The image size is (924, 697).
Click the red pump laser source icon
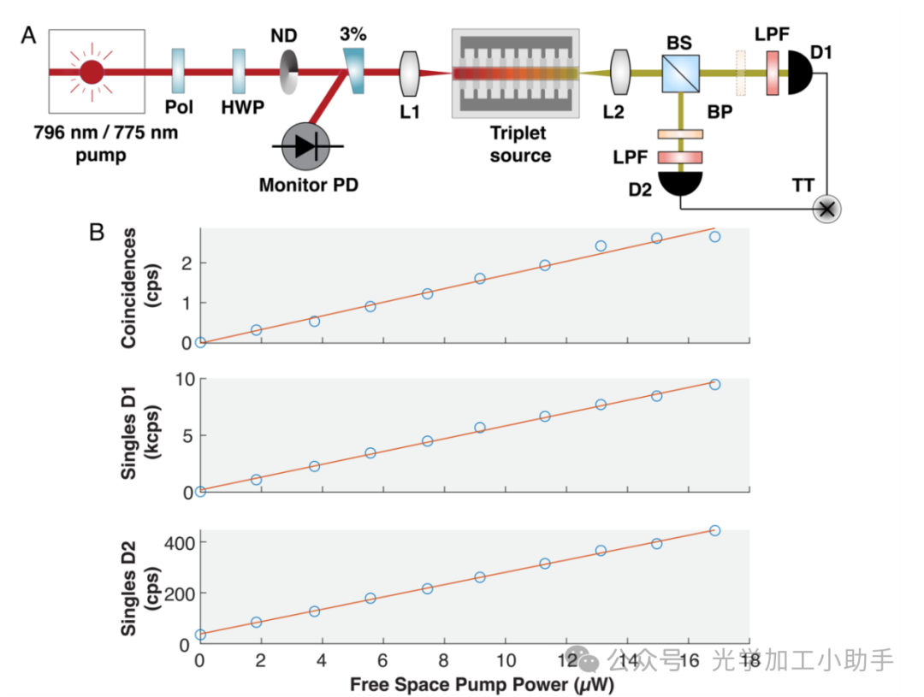coord(92,72)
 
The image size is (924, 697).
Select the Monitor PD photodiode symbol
coord(308,146)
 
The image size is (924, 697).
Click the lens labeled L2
coord(620,72)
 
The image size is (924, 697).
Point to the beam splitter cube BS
coord(681,72)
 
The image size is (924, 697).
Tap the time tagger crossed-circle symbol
coord(826,208)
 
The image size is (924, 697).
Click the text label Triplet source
coord(518,145)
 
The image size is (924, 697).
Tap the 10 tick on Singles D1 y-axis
coord(181,379)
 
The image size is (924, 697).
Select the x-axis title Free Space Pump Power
coord(482,684)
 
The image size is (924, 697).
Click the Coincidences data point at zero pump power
coord(200,342)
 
